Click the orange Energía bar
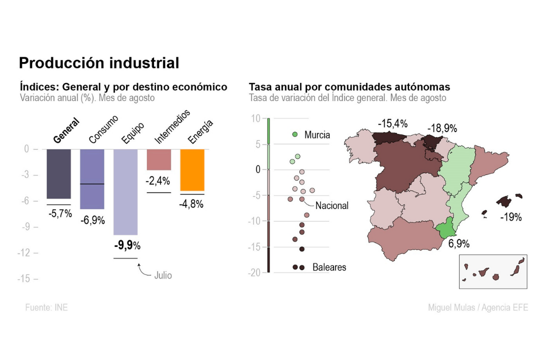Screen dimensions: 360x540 192,169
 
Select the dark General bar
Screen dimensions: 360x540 58,173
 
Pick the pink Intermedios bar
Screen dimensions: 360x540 158,159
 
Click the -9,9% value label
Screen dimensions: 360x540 127,245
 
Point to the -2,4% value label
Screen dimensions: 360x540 158,181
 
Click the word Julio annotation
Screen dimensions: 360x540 163,275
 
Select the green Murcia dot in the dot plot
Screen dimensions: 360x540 295,134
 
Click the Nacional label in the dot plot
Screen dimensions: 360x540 331,205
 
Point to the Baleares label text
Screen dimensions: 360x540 329,267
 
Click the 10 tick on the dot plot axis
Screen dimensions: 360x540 256,118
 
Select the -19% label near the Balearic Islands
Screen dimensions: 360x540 510,217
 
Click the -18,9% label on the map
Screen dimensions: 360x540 442,128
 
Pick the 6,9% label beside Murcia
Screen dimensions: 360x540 458,244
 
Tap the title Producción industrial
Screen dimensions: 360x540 99,63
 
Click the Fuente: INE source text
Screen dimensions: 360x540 46,307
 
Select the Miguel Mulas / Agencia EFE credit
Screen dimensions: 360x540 477,307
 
